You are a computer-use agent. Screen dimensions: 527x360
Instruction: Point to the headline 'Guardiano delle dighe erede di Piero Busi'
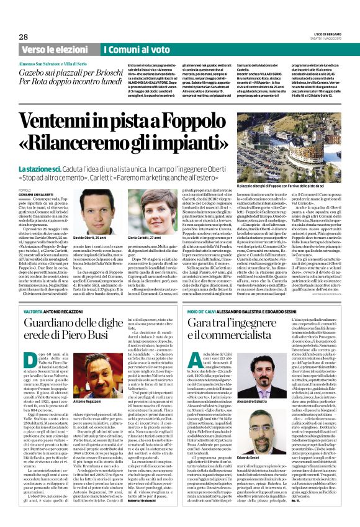pos(74,325)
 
